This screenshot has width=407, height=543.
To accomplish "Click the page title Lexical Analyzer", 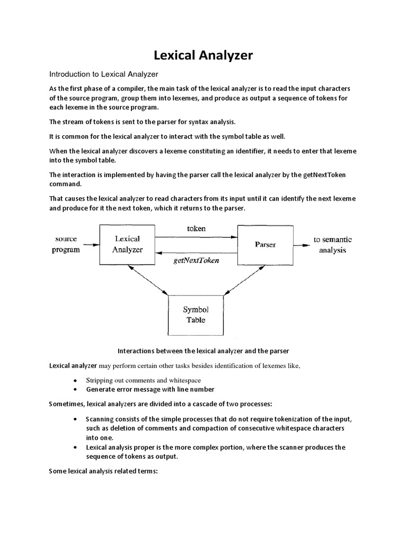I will click(x=203, y=56).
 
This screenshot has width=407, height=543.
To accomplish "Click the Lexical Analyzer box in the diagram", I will click(x=127, y=244).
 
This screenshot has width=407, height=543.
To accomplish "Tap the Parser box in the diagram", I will click(x=265, y=245).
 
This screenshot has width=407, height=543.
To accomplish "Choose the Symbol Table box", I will click(x=195, y=314).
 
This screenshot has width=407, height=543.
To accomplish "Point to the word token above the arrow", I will click(x=196, y=229).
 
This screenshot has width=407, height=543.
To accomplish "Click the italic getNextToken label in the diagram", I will click(x=196, y=261).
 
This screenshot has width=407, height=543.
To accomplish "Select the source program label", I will click(x=66, y=244).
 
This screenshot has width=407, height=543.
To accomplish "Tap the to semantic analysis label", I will click(x=332, y=244).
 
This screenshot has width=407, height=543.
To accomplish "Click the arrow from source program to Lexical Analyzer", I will click(x=91, y=245).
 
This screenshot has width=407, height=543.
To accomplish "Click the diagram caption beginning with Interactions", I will click(x=203, y=351).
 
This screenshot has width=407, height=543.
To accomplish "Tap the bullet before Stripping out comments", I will click(x=75, y=381).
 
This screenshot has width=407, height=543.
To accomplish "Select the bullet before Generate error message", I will click(x=75, y=390).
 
